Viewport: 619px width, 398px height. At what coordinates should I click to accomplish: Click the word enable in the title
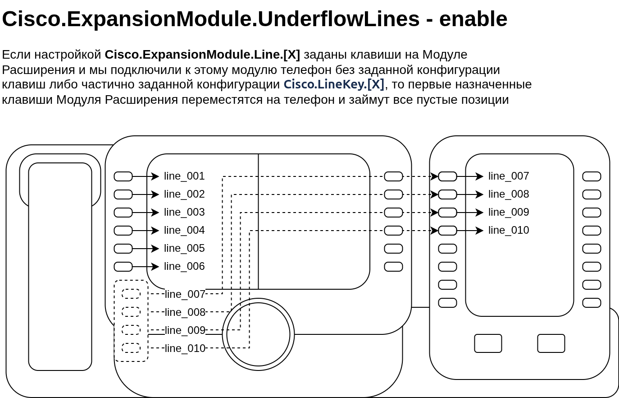click(473, 19)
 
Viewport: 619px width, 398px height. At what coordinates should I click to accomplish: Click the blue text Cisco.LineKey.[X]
click(333, 84)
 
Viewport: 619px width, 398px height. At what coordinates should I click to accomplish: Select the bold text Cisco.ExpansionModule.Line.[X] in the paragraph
click(202, 55)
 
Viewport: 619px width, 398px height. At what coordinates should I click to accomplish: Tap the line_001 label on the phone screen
click(184, 176)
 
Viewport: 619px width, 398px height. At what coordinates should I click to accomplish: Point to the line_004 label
click(184, 230)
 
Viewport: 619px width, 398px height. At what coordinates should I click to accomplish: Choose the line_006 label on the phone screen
click(184, 266)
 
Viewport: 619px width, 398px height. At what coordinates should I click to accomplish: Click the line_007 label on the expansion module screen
click(509, 176)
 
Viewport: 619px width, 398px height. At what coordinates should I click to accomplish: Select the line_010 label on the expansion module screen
click(509, 230)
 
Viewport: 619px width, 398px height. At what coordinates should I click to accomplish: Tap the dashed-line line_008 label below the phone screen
click(185, 312)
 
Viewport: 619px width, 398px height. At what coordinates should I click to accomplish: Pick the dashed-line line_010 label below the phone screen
click(185, 348)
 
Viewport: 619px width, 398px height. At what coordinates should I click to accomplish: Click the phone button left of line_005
click(123, 249)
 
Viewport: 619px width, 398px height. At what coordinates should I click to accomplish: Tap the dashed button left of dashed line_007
click(131, 294)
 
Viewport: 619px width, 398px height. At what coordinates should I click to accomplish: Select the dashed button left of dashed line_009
click(131, 330)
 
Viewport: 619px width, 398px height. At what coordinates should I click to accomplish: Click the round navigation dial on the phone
click(258, 334)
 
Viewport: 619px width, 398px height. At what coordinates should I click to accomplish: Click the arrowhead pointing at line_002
click(156, 194)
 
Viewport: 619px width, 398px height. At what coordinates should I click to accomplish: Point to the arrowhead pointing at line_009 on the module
click(480, 213)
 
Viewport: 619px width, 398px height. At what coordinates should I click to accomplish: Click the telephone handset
click(60, 266)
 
